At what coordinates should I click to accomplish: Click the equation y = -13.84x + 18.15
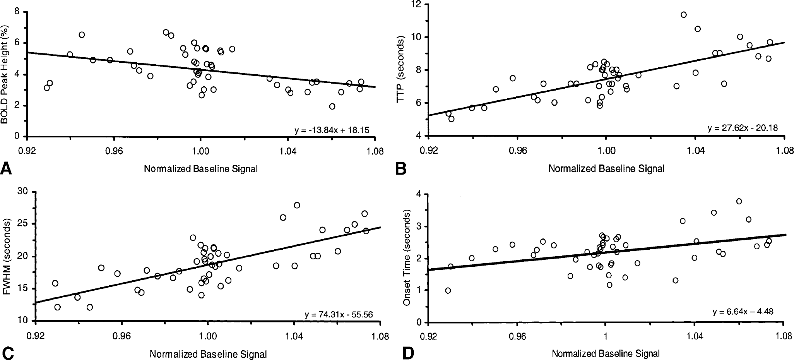pos(332,130)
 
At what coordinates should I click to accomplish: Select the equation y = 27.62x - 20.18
pos(743,128)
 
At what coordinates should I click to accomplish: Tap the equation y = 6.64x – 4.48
pos(743,312)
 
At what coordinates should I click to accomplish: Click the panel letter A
pos(7,169)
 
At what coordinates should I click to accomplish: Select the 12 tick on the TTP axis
pos(417,5)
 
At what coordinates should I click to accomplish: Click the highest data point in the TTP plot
pos(684,15)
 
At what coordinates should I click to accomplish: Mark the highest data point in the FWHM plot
pos(297,205)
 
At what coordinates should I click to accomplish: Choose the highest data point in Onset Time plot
pos(739,201)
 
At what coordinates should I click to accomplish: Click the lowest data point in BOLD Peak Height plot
pos(332,106)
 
